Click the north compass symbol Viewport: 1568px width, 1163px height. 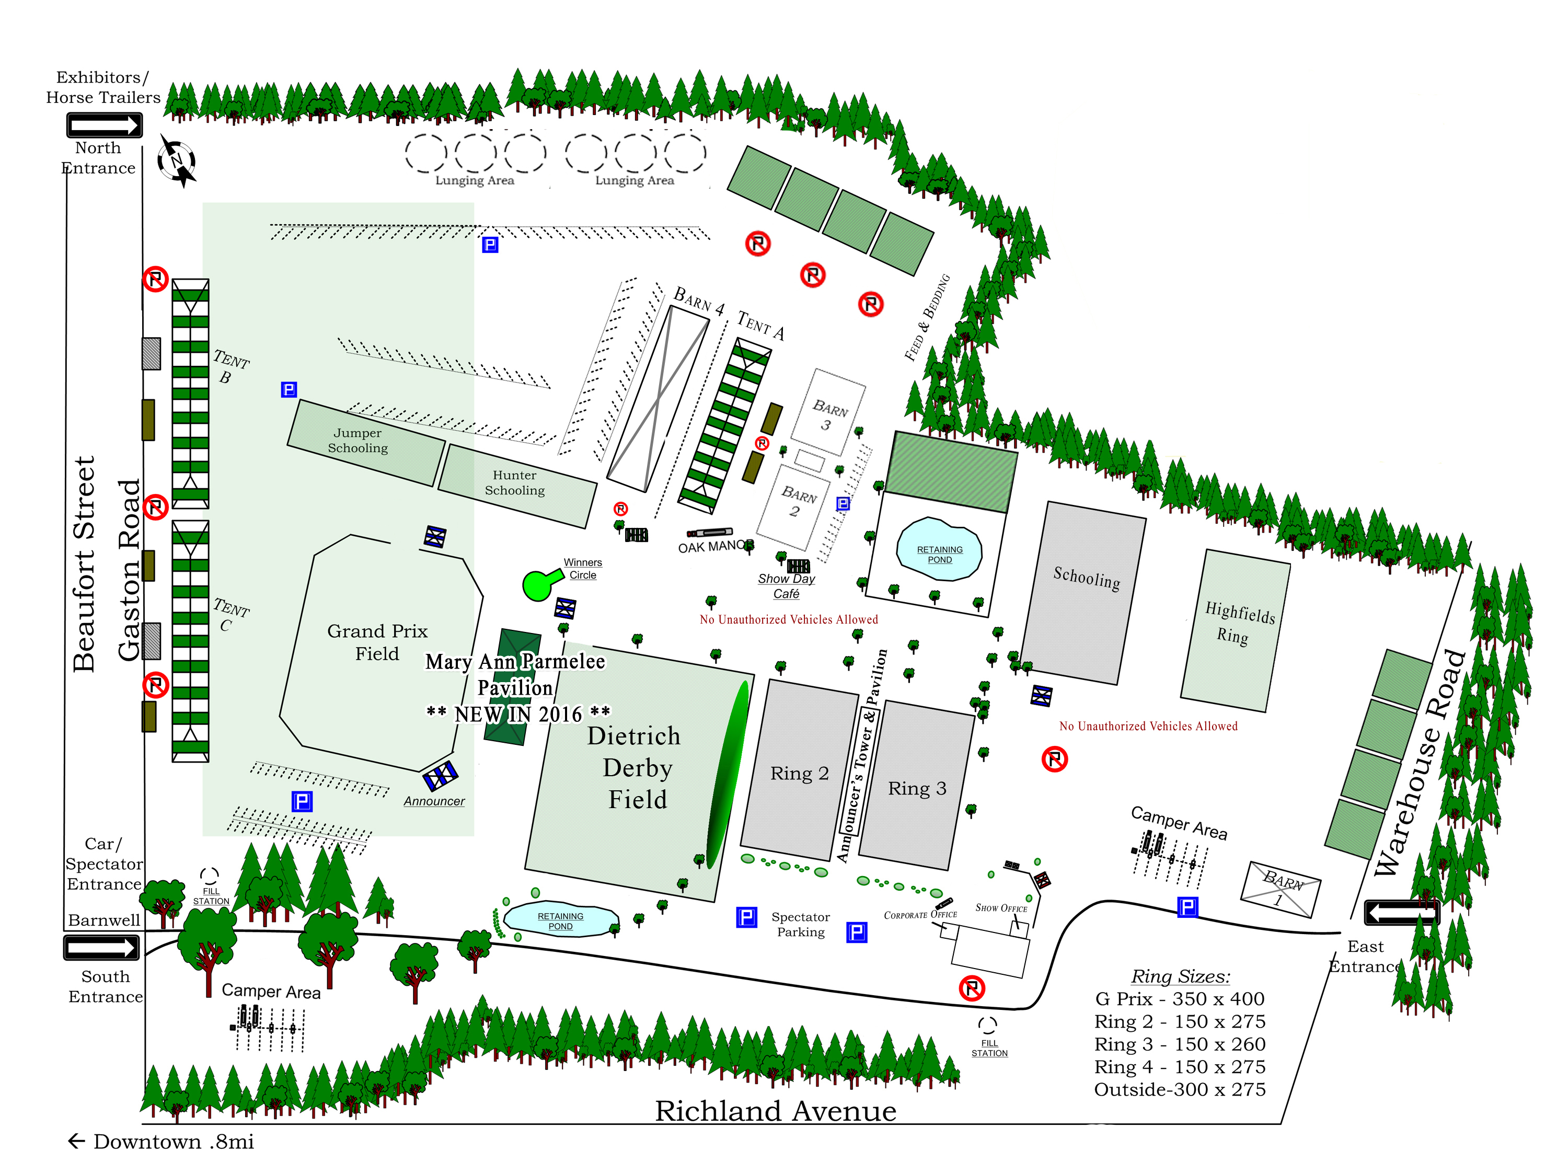click(x=177, y=160)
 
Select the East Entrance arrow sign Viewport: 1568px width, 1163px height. click(x=1402, y=913)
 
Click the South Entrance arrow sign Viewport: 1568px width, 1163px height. click(x=102, y=948)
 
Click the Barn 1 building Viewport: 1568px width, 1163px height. click(x=1280, y=889)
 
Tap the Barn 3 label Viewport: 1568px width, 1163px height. click(x=828, y=416)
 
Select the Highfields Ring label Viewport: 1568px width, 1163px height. click(x=1238, y=623)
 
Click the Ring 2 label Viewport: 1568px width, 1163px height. click(x=800, y=773)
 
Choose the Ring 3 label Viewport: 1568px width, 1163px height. click(x=917, y=788)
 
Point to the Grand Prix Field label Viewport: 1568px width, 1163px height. click(x=377, y=642)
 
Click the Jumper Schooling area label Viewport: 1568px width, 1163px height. click(x=358, y=441)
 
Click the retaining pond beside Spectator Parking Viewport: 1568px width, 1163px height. click(x=561, y=919)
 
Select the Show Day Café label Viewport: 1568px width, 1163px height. click(x=786, y=586)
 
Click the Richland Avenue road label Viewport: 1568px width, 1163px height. click(x=776, y=1111)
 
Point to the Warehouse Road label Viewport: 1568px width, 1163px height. click(x=1420, y=763)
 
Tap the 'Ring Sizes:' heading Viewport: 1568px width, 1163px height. click(x=1180, y=976)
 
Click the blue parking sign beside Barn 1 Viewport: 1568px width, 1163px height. click(x=1187, y=907)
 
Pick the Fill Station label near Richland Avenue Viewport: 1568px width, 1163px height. click(x=989, y=1047)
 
